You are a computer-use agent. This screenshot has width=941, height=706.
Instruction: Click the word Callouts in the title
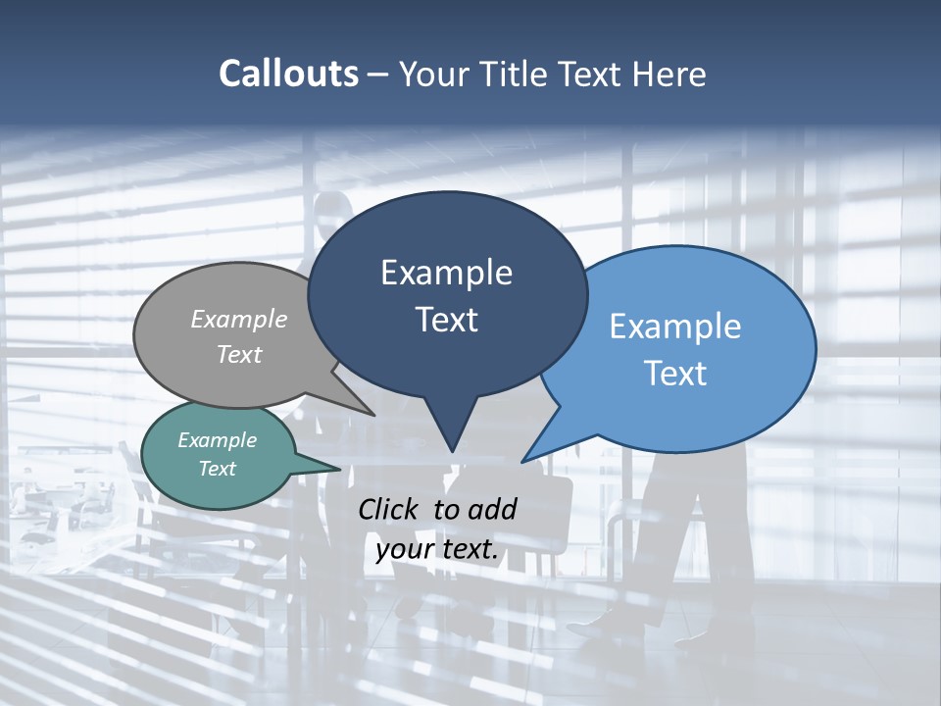[x=288, y=74]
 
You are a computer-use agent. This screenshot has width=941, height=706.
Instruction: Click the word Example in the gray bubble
[x=239, y=319]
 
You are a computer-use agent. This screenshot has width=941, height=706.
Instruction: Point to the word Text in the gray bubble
[x=239, y=354]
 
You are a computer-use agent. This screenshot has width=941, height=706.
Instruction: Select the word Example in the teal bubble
[x=218, y=440]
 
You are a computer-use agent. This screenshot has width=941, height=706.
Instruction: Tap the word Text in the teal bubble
[x=218, y=469]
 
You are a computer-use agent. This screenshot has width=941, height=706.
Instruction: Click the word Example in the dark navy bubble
[x=446, y=273]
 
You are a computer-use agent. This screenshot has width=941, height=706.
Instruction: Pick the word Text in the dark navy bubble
[x=446, y=320]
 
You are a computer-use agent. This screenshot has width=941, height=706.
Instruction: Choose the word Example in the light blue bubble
[x=675, y=327]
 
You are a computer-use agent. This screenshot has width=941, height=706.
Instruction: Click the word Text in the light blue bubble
[x=675, y=373]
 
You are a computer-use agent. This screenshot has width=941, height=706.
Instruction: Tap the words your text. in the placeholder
[x=437, y=549]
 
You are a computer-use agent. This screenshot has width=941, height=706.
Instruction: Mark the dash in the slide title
[x=379, y=74]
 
